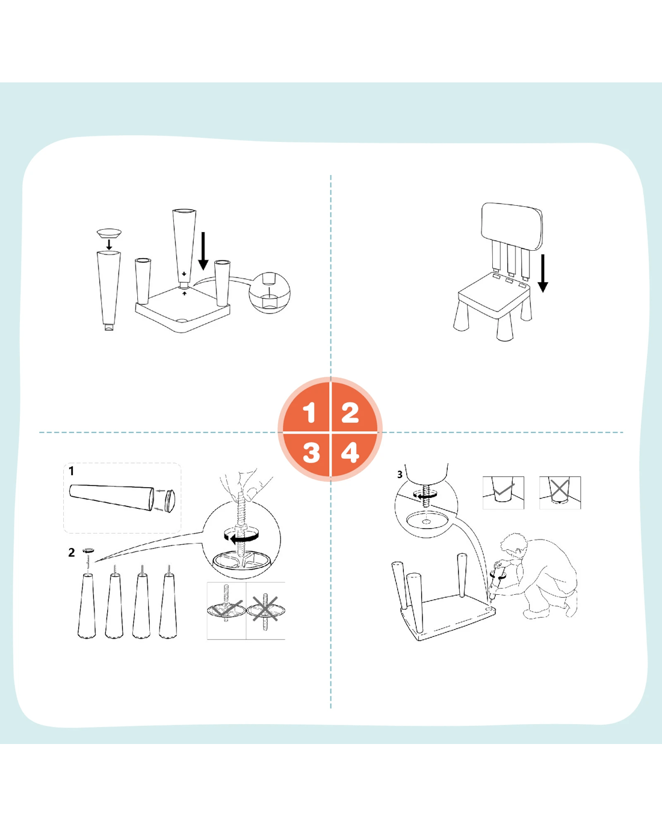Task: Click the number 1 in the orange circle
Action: [309, 413]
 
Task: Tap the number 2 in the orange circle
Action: [350, 413]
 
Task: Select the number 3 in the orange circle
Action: [311, 452]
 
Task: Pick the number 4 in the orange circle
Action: [350, 452]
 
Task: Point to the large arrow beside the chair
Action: [543, 273]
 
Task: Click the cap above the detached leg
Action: [109, 233]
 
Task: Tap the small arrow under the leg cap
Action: [110, 244]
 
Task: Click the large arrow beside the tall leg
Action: [203, 251]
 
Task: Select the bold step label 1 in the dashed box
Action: [71, 471]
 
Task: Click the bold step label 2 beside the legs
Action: [71, 552]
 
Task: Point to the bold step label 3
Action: [400, 475]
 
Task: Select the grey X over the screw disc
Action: [265, 607]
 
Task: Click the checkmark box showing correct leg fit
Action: [503, 493]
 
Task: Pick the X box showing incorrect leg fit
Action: [560, 493]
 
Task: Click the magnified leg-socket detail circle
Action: [269, 292]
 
